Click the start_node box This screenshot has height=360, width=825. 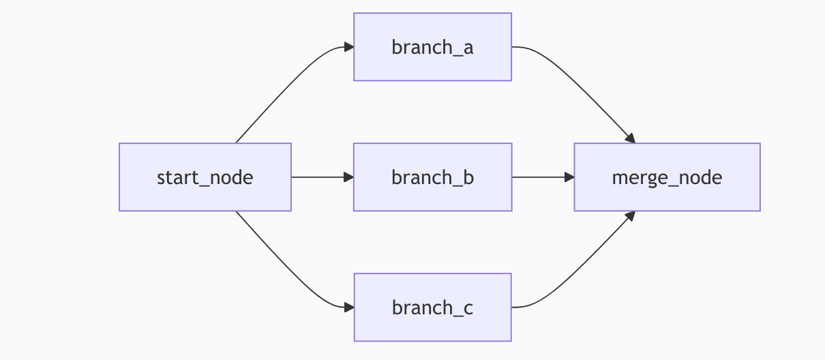pyautogui.click(x=205, y=177)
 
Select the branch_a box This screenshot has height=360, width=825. pyautogui.click(x=433, y=47)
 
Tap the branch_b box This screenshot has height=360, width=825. pyautogui.click(x=433, y=177)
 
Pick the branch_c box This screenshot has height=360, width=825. pyautogui.click(x=433, y=307)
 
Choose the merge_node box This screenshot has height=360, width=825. pyautogui.click(x=667, y=177)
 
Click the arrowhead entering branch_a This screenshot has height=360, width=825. pyautogui.click(x=349, y=47)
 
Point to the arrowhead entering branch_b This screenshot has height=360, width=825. pyautogui.click(x=349, y=177)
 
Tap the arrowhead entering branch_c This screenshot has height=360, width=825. pyautogui.click(x=349, y=307)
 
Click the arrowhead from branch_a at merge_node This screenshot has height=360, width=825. pyautogui.click(x=631, y=138)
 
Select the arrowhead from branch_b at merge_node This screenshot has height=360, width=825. pyautogui.click(x=569, y=177)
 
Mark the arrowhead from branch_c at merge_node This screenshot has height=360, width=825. pyautogui.click(x=631, y=216)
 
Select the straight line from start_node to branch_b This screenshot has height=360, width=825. pyautogui.click(x=318, y=177)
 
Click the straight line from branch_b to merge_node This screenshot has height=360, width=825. pyautogui.click(x=538, y=177)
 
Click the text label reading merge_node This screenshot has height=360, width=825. pyautogui.click(x=667, y=178)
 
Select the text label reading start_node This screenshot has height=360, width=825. pyautogui.click(x=205, y=177)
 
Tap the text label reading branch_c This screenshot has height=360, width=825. pyautogui.click(x=433, y=307)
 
